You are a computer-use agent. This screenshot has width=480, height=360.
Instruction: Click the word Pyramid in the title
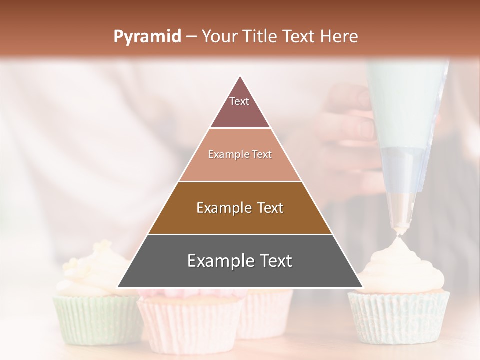[x=147, y=37]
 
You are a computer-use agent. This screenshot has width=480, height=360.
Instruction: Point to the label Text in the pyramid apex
[x=239, y=101]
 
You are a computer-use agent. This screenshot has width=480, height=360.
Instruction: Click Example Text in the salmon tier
[x=240, y=154]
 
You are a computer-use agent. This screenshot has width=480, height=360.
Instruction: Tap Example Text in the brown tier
[x=240, y=208]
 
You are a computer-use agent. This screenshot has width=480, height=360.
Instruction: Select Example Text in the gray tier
[x=240, y=261]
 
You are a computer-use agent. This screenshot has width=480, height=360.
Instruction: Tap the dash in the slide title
[x=191, y=37]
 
